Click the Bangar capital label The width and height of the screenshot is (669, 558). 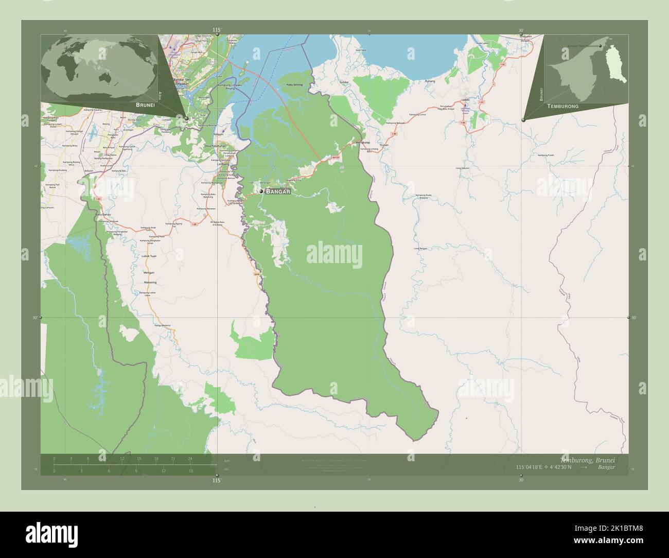tap(278, 191)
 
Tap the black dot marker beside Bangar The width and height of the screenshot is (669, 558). tap(261, 191)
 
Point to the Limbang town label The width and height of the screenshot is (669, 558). tap(222, 164)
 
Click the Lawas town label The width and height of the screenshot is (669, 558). tap(466, 99)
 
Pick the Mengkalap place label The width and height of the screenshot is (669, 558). tap(363, 142)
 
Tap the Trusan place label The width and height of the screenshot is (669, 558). tap(383, 146)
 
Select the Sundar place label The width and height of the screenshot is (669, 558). tap(344, 82)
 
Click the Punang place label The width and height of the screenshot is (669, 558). tap(430, 81)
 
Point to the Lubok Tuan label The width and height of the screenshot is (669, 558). tap(149, 256)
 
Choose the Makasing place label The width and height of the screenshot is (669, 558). tap(150, 283)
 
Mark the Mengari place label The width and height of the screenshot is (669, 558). tap(149, 272)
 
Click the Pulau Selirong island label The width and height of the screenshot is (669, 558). tap(294, 84)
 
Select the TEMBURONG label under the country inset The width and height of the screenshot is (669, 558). tap(563, 106)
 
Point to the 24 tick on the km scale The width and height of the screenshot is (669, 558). tap(190, 458)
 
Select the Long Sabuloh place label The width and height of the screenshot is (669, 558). tap(463, 168)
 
